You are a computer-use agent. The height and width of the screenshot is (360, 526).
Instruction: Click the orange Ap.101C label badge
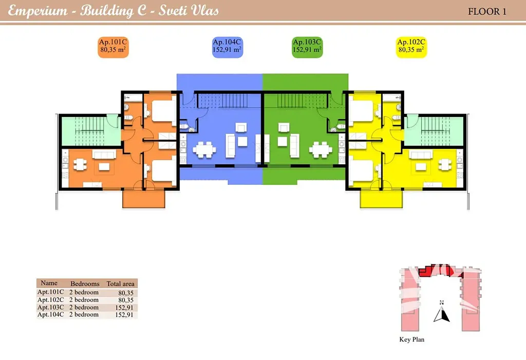coord(113,47)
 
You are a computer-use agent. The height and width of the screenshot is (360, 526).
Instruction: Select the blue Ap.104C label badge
coord(227,47)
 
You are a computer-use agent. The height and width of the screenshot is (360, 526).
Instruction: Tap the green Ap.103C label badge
coord(307,47)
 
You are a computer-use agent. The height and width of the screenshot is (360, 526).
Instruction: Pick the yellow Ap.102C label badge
coord(411,47)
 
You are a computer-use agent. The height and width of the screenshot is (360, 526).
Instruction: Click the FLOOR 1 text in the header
coord(487,11)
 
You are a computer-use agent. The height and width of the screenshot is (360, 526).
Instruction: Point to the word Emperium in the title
coord(37,10)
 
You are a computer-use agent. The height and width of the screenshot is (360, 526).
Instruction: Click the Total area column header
coord(120,283)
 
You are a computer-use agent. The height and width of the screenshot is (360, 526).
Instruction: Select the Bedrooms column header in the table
coord(85,283)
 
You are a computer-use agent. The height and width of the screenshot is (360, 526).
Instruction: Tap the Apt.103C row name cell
coord(50,307)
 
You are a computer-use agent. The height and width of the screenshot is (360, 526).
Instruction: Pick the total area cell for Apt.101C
coord(126,293)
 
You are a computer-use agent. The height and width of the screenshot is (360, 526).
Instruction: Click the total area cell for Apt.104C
coord(124,315)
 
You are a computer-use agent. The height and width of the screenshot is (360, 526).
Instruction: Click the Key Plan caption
coord(411,339)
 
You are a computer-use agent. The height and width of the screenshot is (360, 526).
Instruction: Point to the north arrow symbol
coord(441,312)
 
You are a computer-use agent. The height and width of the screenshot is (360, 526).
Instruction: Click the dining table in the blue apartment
coord(204,149)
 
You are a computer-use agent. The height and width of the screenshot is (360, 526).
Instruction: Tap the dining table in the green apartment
coord(321,149)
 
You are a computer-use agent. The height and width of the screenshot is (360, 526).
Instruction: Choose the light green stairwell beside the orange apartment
coord(91,131)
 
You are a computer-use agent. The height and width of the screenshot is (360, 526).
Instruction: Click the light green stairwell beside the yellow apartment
coord(435,131)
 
